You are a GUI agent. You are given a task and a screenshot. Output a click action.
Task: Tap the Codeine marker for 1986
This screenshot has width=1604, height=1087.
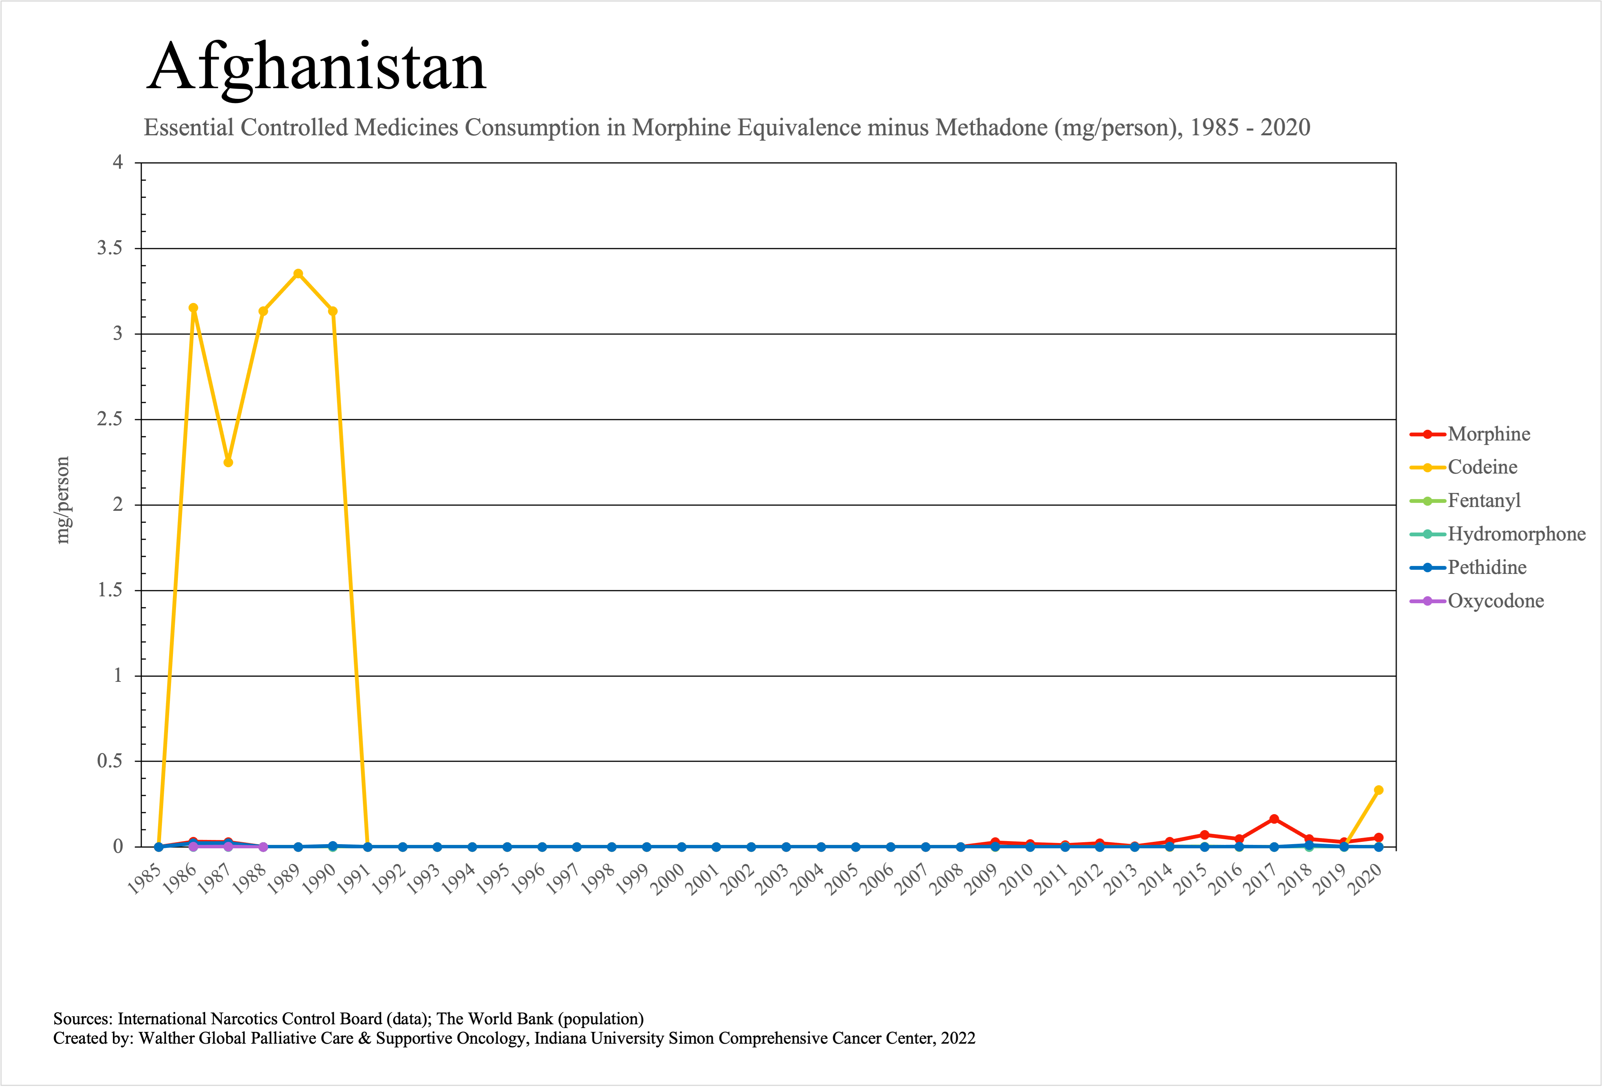193,308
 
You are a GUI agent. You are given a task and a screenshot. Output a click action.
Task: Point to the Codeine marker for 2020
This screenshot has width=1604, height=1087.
1378,790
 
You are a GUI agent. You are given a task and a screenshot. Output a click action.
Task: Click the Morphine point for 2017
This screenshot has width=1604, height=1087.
1274,819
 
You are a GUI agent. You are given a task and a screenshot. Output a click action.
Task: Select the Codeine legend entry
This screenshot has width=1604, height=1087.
1482,467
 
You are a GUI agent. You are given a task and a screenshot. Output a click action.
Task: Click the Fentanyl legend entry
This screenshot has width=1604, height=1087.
1483,501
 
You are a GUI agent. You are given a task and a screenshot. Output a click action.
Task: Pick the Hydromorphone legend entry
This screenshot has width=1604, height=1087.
1516,534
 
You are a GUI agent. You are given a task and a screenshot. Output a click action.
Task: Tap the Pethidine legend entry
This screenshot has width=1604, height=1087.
1486,567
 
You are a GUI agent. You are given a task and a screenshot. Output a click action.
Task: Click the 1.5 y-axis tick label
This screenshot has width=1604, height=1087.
110,590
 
